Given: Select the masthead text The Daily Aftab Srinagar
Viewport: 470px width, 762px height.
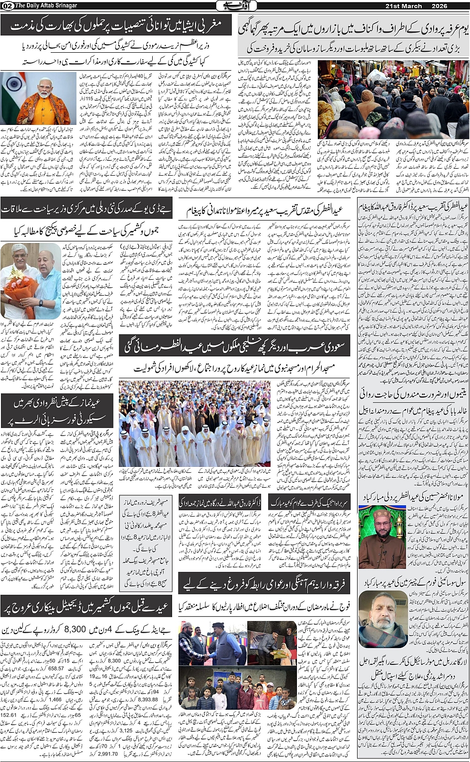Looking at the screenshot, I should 46,5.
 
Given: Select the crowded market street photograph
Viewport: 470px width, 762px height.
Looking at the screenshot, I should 393,100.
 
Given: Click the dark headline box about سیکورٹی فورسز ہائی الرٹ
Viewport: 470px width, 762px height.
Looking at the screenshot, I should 57,411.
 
